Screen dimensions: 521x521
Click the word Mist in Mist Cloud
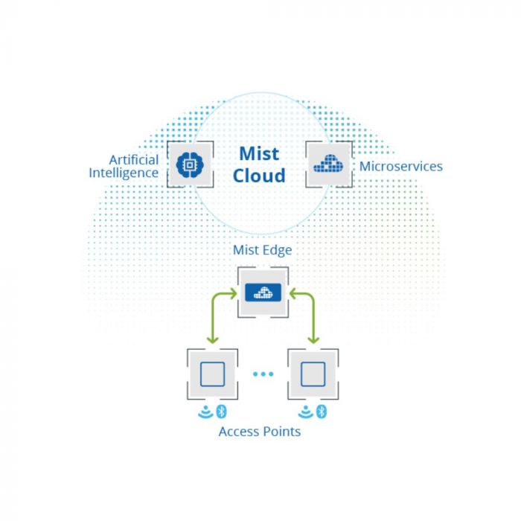click(259, 154)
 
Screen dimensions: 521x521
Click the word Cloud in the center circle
click(259, 176)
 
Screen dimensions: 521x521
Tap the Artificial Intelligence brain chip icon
click(190, 164)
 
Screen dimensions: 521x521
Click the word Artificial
click(134, 159)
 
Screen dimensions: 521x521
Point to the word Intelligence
click(124, 173)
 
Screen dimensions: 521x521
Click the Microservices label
click(400, 166)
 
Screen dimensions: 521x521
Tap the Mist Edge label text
click(262, 250)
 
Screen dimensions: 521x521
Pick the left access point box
click(212, 374)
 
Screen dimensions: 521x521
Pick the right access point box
click(313, 374)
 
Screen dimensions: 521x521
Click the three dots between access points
click(263, 374)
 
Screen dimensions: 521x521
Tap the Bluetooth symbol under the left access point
click(221, 411)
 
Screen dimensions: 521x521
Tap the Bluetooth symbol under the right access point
click(322, 411)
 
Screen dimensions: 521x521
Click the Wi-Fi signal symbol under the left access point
click(205, 412)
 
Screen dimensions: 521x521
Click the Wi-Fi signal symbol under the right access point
click(306, 412)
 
